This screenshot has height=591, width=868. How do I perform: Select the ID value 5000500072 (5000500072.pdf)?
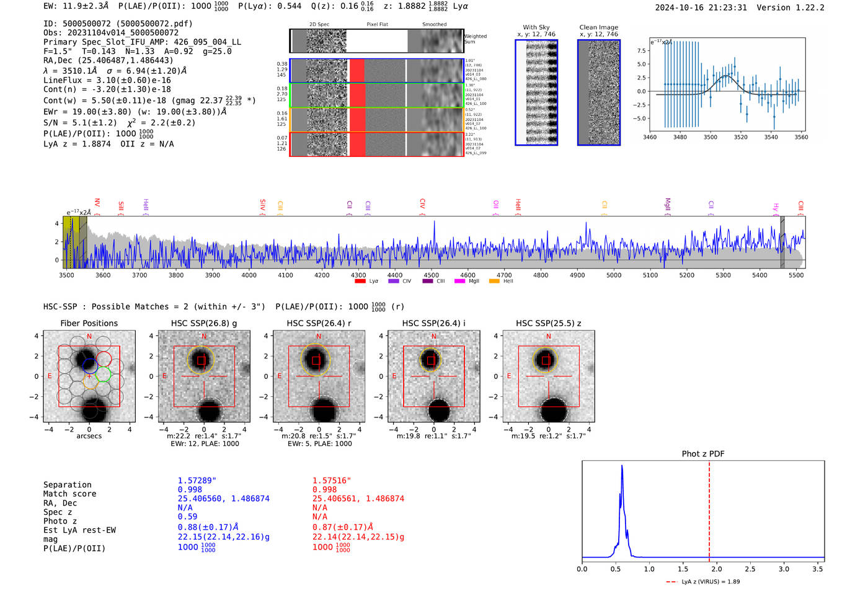point(127,24)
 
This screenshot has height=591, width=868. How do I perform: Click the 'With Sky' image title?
point(536,27)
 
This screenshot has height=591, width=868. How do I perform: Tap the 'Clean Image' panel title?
point(598,27)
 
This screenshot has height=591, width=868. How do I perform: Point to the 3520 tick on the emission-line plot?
point(740,137)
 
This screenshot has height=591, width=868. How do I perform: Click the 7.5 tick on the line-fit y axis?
point(641,51)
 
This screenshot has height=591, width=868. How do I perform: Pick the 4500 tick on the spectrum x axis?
point(431,275)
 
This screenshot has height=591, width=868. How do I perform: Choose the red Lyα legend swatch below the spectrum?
point(360,281)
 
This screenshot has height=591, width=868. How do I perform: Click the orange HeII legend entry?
point(501,281)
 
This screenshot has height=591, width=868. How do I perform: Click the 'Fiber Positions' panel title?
point(89,323)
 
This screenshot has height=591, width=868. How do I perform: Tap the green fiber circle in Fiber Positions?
point(103,374)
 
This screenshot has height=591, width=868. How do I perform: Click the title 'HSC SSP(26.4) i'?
point(433,323)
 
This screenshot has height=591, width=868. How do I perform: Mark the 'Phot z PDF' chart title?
point(703,453)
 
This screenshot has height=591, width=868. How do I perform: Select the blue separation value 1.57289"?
point(197,481)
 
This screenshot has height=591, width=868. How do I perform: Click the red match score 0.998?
point(324,489)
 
